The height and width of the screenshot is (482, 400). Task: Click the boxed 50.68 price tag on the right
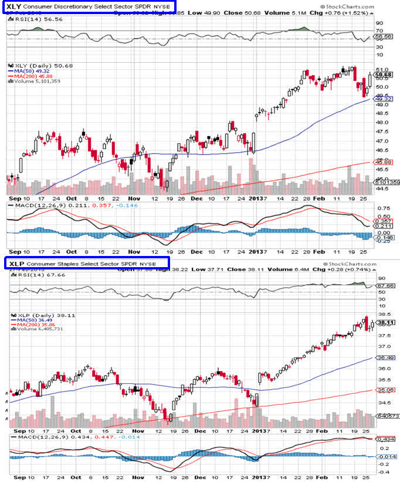click(x=384, y=75)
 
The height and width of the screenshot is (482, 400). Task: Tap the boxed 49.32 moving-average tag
click(x=384, y=99)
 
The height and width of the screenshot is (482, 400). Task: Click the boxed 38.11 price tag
click(x=384, y=322)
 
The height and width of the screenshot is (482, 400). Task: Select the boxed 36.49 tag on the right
click(x=384, y=358)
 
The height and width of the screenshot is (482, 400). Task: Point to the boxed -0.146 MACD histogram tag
click(x=384, y=237)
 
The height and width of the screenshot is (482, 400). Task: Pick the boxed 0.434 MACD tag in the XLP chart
click(x=384, y=439)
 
